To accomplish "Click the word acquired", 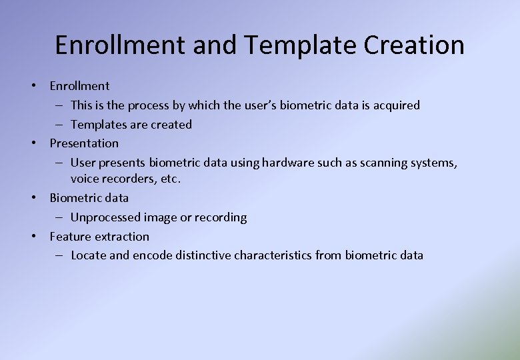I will pos(396,105).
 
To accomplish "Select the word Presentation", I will pos(84,143).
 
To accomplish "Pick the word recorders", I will pos(127,179).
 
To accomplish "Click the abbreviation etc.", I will pos(171,179).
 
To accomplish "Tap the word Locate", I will pos(89,255).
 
